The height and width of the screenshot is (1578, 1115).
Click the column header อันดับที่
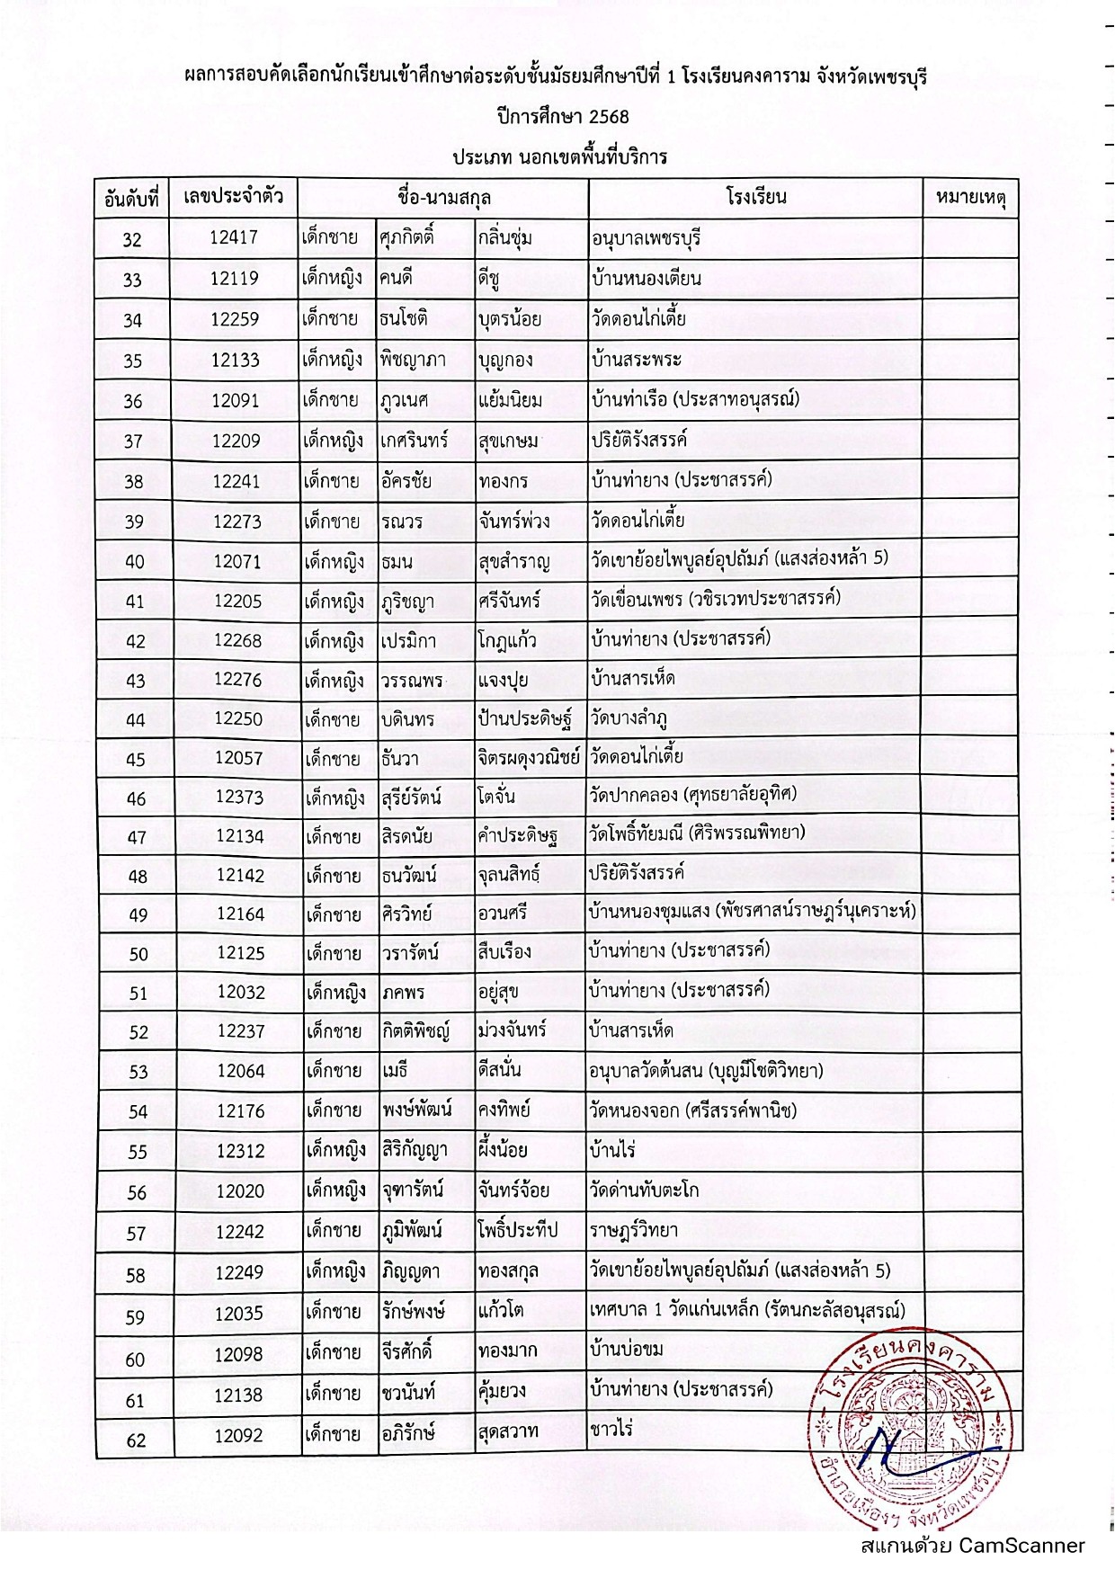(x=131, y=198)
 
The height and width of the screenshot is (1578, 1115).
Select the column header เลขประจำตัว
(x=234, y=196)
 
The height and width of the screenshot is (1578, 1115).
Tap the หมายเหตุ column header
(x=970, y=197)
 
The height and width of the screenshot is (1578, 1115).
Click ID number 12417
(x=234, y=237)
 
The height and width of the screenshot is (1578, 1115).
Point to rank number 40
(x=134, y=562)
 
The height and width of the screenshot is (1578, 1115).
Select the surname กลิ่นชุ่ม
(x=505, y=238)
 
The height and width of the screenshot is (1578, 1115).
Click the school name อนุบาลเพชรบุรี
(x=647, y=238)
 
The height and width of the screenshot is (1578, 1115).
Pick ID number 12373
(x=239, y=798)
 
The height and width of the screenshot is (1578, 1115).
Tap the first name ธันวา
(x=399, y=758)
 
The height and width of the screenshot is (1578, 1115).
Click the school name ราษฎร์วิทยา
(x=634, y=1230)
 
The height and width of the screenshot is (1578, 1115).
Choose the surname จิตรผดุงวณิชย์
(x=529, y=757)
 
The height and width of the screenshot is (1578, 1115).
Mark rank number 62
(x=136, y=1440)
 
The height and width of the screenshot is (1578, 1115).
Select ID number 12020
(x=240, y=1190)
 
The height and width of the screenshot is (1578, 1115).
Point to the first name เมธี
(x=395, y=1071)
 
